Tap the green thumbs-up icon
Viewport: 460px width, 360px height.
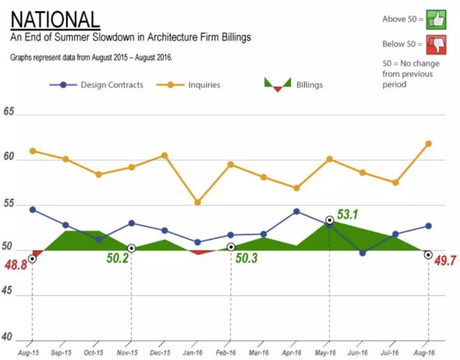pos(436,19)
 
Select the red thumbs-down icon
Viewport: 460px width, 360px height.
pos(436,45)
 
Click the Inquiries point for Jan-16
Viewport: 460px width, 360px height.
pos(198,203)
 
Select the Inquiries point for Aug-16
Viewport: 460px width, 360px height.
pos(428,144)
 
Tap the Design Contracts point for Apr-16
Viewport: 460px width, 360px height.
pos(297,211)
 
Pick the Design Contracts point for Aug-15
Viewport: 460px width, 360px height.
pos(32,209)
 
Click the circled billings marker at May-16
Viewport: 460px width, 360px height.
pos(329,220)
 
